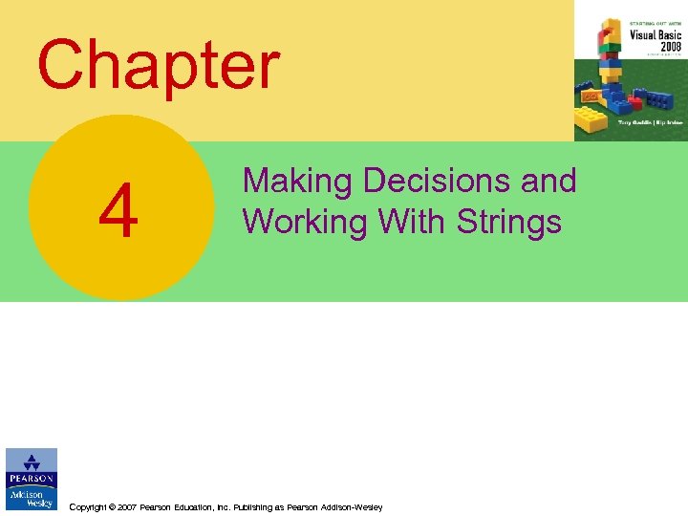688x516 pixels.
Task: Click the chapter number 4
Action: click(x=118, y=215)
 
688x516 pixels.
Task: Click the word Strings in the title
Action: click(x=508, y=221)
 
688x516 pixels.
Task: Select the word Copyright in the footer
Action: click(x=90, y=507)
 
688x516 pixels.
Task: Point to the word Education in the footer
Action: click(x=200, y=507)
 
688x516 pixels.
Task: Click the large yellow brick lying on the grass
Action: click(x=591, y=119)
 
